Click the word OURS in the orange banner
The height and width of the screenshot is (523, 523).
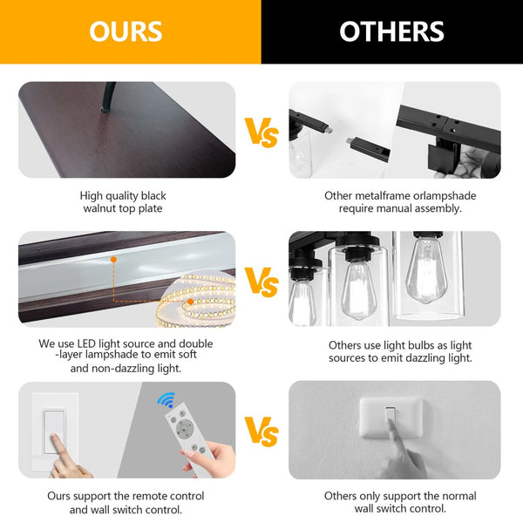(126, 31)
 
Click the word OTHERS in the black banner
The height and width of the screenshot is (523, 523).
(391, 31)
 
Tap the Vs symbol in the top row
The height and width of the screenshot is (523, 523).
(261, 132)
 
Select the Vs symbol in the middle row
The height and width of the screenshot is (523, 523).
(261, 282)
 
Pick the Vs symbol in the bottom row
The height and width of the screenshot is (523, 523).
(261, 431)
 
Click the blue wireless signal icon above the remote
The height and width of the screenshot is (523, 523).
(166, 400)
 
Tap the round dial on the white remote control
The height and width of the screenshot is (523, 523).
(185, 428)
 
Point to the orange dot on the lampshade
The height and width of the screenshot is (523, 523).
(113, 260)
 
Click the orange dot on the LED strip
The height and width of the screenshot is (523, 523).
(190, 302)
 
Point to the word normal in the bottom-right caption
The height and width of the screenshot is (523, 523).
(458, 496)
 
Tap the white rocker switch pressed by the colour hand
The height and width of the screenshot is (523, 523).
(54, 432)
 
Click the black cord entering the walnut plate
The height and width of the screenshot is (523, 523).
(108, 97)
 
